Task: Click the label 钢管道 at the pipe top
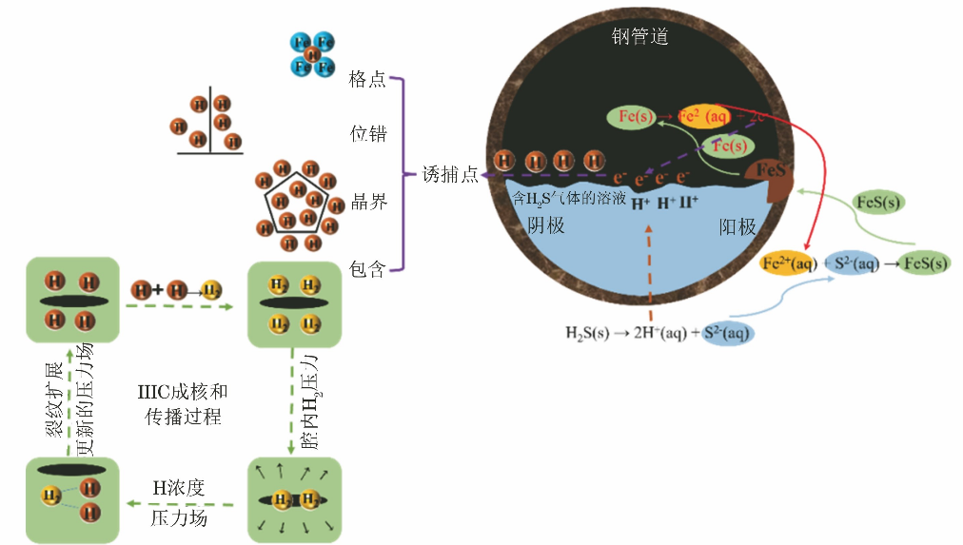pyautogui.click(x=639, y=37)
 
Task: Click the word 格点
pyautogui.click(x=367, y=79)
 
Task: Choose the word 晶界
pyautogui.click(x=367, y=203)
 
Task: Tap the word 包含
pyautogui.click(x=367, y=269)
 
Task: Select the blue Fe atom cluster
pyautogui.click(x=313, y=54)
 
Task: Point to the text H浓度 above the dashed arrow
pyautogui.click(x=179, y=488)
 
